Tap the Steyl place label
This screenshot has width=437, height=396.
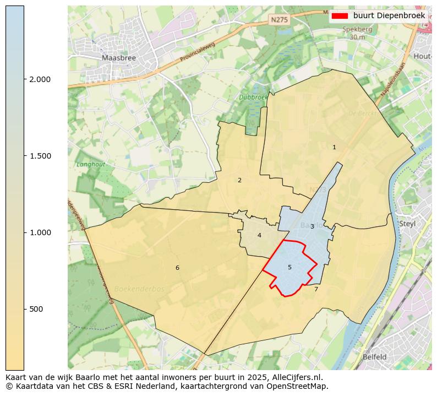tap(407, 224)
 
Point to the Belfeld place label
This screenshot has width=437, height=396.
tap(374, 357)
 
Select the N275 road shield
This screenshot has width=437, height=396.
tap(279, 19)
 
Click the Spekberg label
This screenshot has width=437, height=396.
tap(357, 30)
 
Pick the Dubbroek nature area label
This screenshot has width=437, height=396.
tap(253, 97)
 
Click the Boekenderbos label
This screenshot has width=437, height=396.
tap(139, 289)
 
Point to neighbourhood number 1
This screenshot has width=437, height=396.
tap(334, 147)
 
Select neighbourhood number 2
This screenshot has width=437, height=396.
tap(239, 180)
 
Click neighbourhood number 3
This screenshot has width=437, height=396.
tap(312, 226)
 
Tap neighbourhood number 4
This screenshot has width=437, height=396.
tap(259, 236)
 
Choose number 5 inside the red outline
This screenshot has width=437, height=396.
tap(289, 268)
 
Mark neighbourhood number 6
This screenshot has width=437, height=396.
tap(177, 268)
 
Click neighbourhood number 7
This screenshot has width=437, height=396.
tap(316, 289)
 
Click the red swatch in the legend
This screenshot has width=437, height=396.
tap(340, 16)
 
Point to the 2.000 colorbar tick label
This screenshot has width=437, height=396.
tap(40, 79)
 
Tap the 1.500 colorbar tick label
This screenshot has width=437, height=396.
tap(40, 156)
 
